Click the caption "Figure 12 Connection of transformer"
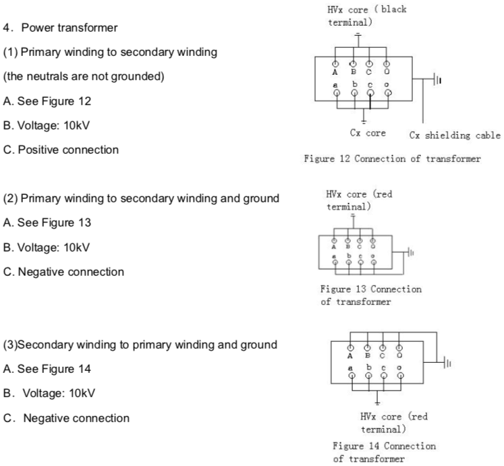[x=393, y=159]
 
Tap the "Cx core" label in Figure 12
[x=368, y=133]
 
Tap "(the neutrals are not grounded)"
[x=84, y=77]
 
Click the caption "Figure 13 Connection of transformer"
[x=371, y=295]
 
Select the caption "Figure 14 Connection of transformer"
[x=384, y=453]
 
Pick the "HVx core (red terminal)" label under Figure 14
[x=394, y=423]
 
